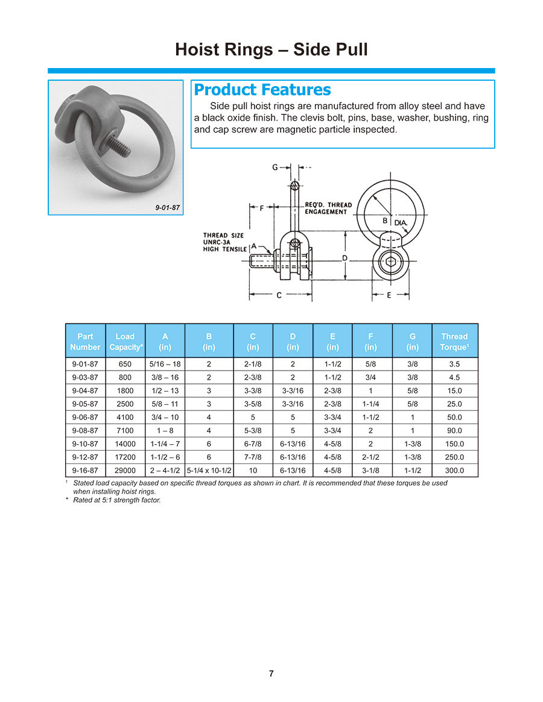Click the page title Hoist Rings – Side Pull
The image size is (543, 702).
tap(271, 49)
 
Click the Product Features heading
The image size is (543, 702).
tap(262, 90)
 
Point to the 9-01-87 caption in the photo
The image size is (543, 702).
tap(168, 208)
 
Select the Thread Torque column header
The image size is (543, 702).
tap(455, 342)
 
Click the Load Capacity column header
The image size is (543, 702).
tap(125, 342)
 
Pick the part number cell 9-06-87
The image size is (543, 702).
tap(85, 417)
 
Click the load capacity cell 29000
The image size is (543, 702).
tap(125, 471)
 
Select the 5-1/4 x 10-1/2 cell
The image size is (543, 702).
tap(209, 471)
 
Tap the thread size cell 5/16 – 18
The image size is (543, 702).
tap(165, 364)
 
